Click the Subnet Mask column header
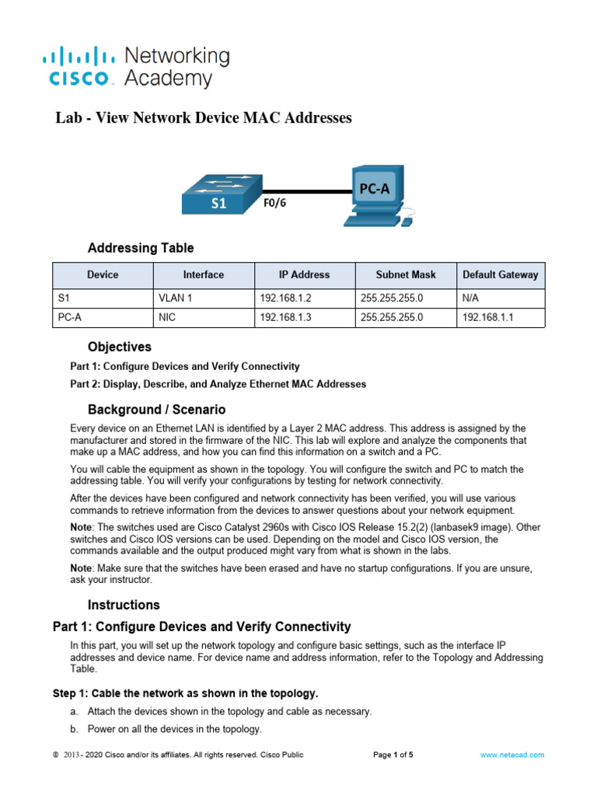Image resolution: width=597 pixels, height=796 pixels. coord(406,274)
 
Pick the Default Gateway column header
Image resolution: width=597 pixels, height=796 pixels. coord(500,274)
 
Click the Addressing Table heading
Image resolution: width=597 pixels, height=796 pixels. coord(141,249)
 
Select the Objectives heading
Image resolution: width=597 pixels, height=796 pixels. coord(120,347)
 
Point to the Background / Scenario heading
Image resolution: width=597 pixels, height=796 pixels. coord(156,409)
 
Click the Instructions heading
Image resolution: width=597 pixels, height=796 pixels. coord(124,605)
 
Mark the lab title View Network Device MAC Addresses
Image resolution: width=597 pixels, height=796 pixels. coord(204,118)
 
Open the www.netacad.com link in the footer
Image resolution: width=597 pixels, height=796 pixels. coord(511,755)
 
